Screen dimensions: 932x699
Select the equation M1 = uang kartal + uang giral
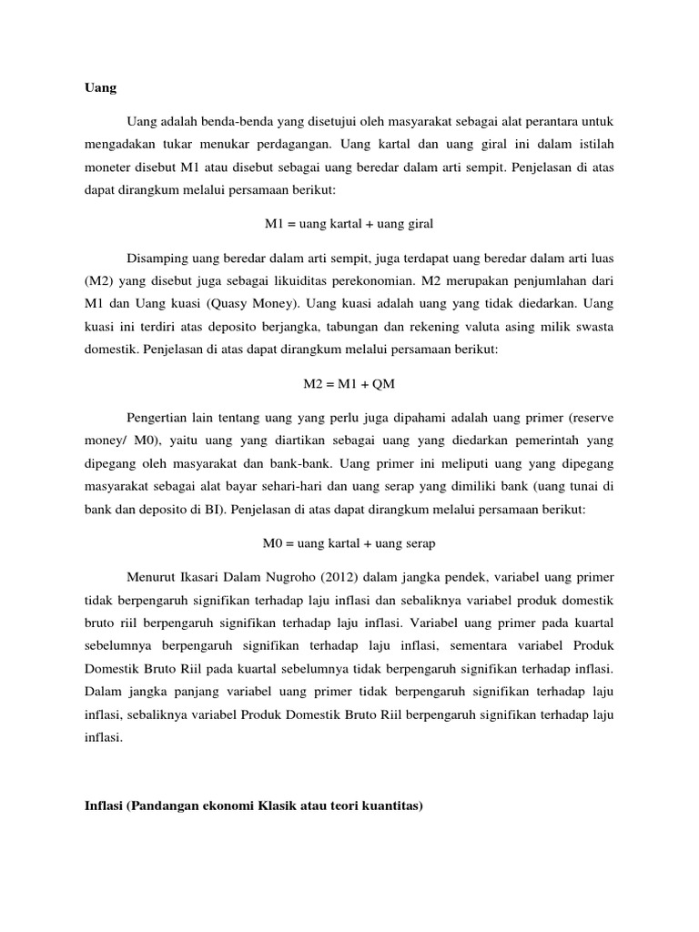tap(349, 223)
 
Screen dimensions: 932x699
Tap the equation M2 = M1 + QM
tap(349, 384)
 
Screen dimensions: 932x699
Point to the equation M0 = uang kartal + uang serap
tap(349, 544)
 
